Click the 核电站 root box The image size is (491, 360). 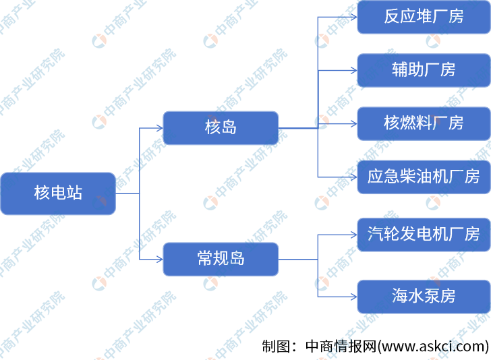58,193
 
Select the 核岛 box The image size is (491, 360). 221,127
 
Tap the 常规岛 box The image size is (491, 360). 221,259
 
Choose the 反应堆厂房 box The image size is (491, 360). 424,17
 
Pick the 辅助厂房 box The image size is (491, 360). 424,69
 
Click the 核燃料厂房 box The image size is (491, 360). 424,123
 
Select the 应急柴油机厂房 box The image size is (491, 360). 424,177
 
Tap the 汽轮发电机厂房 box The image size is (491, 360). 424,235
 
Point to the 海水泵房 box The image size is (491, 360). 424,295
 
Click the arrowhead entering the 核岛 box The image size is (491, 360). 159,127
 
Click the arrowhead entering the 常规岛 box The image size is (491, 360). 159,259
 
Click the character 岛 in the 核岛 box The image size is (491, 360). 229,127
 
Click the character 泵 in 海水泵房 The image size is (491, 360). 432,295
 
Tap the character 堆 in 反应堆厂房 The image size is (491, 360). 424,17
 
